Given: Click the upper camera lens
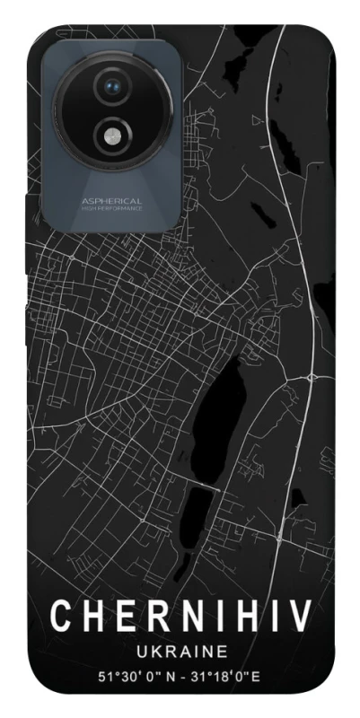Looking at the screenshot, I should coord(113,86).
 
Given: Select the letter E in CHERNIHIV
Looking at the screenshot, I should coord(120,617).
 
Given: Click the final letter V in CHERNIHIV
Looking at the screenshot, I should coord(300,617).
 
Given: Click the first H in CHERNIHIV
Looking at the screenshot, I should coord(90,617).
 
